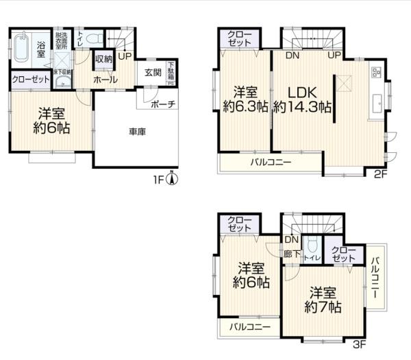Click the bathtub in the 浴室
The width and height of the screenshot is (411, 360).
click(21, 49)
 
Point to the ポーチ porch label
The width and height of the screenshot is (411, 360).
click(162, 104)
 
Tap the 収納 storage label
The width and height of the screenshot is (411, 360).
click(103, 60)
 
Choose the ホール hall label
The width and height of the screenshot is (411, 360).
click(105, 80)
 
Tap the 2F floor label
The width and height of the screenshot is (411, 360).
click(380, 174)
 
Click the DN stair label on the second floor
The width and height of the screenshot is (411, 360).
click(292, 56)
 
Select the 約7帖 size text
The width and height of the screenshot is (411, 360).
click(322, 307)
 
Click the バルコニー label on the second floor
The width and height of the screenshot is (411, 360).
click(270, 163)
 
